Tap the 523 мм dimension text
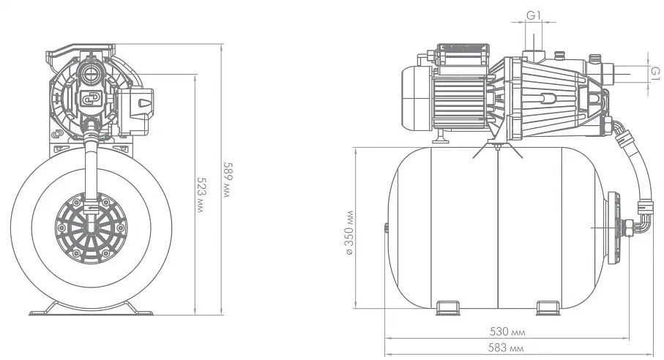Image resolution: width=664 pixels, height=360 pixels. coord(201,194)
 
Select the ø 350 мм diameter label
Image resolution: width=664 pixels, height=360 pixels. coord(349,232)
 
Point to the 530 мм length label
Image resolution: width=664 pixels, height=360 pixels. coord(507,331)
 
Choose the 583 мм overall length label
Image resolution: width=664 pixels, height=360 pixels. coord(506,348)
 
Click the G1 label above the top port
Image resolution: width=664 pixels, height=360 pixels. coord(534,15)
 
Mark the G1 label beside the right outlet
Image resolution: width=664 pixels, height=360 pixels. coord(654,73)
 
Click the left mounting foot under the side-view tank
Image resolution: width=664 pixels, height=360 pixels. coord(447,307)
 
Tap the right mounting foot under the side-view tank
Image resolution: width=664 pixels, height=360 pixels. coord(548,307)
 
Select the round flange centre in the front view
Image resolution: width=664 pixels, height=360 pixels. coord(91,228)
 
